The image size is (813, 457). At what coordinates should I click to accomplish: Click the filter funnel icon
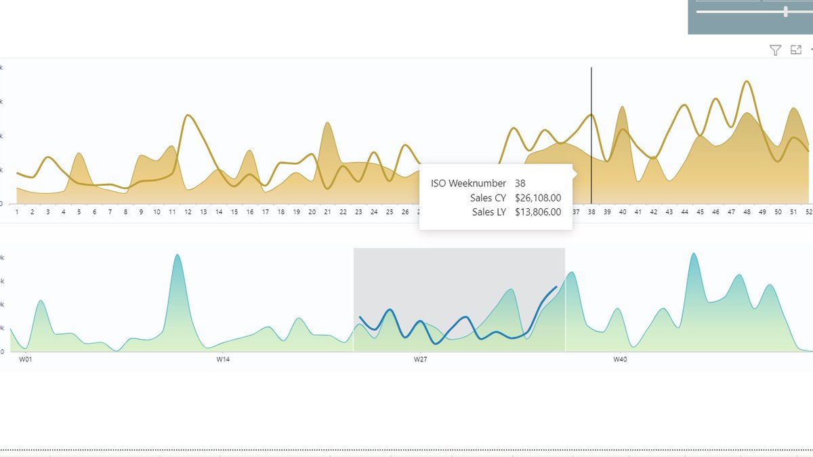tap(775, 50)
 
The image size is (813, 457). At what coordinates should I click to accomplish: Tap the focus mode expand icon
tap(796, 50)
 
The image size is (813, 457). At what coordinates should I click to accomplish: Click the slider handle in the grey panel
tap(785, 12)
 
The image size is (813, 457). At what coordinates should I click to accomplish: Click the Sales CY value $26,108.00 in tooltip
tap(537, 197)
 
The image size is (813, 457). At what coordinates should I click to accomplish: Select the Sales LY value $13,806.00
tap(537, 212)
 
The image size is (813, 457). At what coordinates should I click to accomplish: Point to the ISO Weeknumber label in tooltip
tap(468, 183)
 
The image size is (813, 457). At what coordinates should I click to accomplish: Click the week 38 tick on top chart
tap(591, 212)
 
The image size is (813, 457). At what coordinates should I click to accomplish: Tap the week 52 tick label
tap(808, 212)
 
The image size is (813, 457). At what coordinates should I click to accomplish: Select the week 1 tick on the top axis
tap(17, 212)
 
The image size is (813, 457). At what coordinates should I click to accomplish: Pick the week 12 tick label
tap(188, 212)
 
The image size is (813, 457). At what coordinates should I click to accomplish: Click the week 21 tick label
tap(327, 212)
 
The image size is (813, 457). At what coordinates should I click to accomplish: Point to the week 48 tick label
tap(747, 212)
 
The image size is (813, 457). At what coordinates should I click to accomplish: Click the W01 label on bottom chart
tap(25, 359)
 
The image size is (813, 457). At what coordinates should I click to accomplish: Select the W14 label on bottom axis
tap(223, 359)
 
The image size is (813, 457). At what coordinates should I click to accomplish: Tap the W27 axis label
tap(421, 359)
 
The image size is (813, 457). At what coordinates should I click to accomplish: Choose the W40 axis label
tap(619, 359)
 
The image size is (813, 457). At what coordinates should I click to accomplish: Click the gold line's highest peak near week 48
tap(747, 81)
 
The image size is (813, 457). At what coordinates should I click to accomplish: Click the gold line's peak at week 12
tap(188, 115)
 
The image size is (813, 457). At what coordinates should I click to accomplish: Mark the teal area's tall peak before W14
tap(177, 255)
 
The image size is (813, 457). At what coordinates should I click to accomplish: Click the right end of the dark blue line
tap(556, 287)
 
